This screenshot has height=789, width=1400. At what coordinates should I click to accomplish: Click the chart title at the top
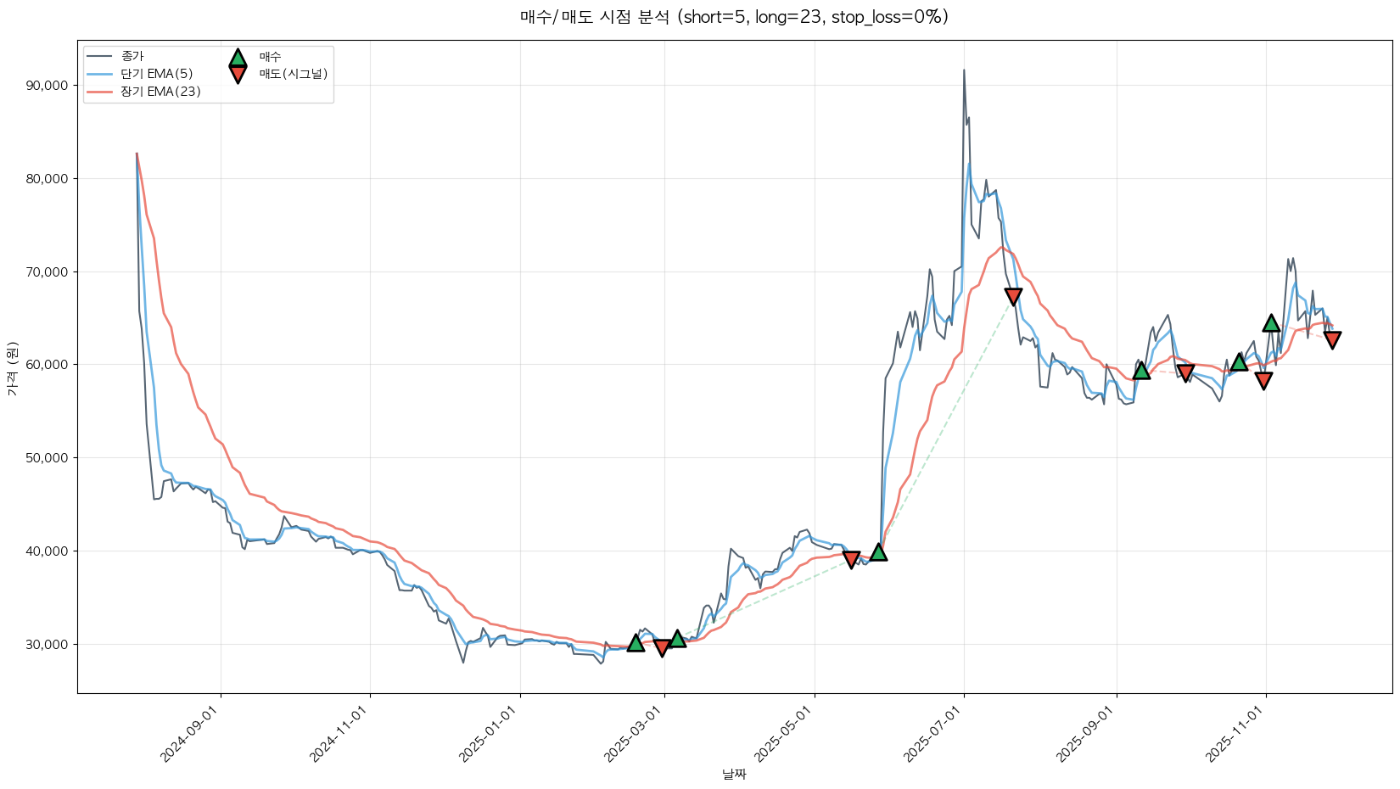coord(734,17)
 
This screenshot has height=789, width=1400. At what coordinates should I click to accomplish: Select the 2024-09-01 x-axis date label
coord(192,735)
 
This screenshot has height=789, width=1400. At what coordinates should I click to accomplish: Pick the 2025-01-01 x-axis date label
coord(490,735)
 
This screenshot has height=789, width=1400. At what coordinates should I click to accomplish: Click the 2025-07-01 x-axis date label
coord(935,735)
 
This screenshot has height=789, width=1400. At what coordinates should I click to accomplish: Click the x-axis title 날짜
coord(734,774)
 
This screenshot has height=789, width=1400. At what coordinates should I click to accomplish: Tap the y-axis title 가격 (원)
coord(12,368)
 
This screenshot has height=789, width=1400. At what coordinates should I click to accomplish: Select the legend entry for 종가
coord(132,56)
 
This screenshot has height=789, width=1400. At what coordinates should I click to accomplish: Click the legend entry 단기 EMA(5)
coord(156,74)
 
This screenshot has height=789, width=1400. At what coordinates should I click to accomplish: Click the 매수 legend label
coord(270,56)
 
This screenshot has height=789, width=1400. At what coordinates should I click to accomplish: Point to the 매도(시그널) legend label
coord(293,74)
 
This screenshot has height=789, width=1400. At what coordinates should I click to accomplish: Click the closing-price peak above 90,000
coord(964,70)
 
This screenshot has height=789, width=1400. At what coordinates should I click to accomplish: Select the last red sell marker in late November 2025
coord(1332,339)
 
